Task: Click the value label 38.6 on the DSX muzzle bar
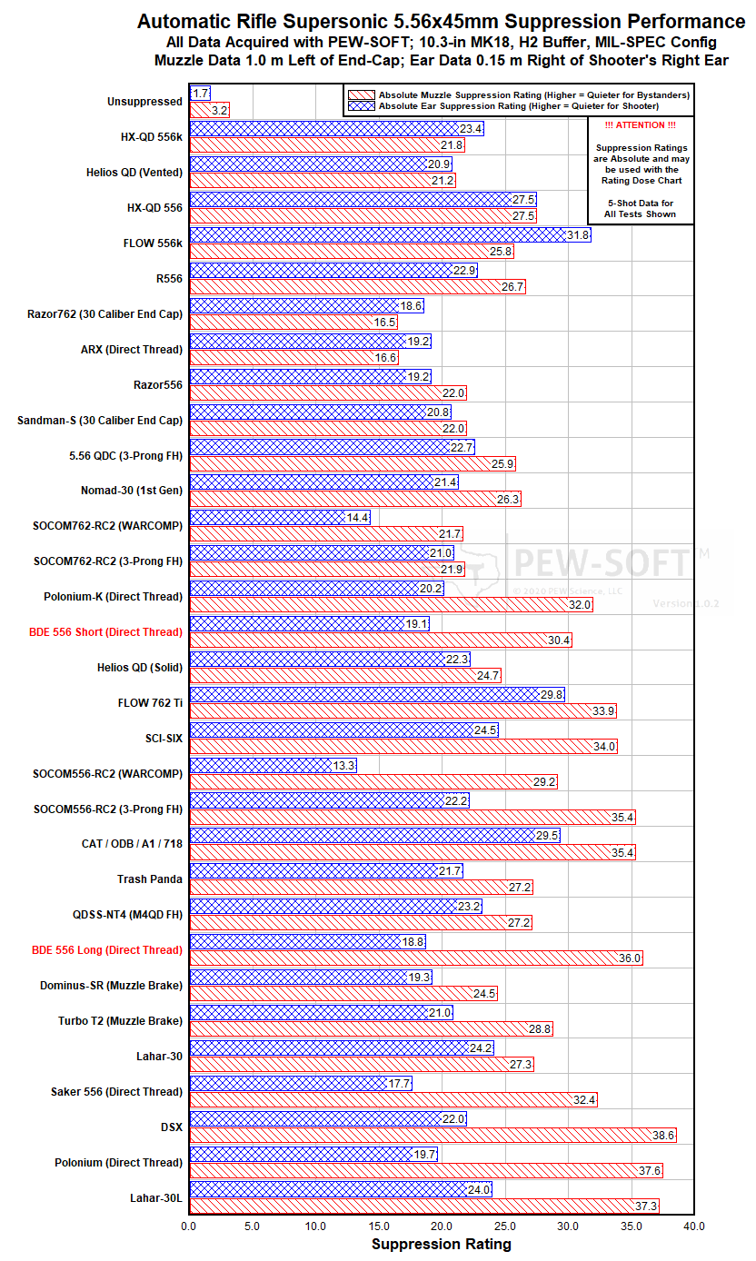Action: (664, 1135)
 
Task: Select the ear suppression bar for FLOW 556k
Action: (382, 235)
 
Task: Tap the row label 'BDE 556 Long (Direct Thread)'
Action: (107, 949)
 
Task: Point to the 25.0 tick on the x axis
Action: (505, 1226)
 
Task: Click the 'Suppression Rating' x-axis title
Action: (442, 1244)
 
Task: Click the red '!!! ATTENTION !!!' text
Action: (641, 125)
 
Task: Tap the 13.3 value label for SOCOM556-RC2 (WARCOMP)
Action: (344, 766)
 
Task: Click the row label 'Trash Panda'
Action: (150, 879)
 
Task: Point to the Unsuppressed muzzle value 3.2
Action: (218, 110)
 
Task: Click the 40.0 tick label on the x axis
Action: (694, 1226)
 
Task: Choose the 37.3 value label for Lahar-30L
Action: (648, 1206)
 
